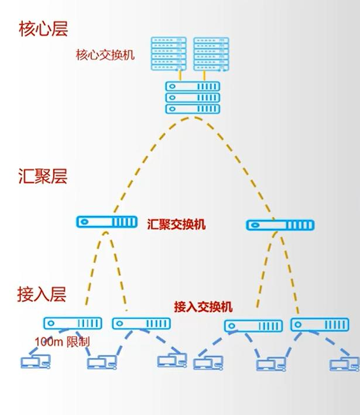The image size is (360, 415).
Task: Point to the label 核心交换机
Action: (105, 55)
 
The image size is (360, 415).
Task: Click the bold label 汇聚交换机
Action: (177, 224)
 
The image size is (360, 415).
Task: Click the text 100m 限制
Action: (63, 341)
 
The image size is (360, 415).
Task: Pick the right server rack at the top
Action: (211, 53)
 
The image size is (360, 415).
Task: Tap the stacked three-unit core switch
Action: (193, 98)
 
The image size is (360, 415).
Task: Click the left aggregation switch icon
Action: (107, 222)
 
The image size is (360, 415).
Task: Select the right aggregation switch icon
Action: (280, 225)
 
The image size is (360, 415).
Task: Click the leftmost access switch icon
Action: (73, 323)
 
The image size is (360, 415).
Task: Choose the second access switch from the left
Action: (141, 323)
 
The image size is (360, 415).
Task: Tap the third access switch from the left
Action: (253, 325)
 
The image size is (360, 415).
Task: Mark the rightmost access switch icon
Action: (320, 325)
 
